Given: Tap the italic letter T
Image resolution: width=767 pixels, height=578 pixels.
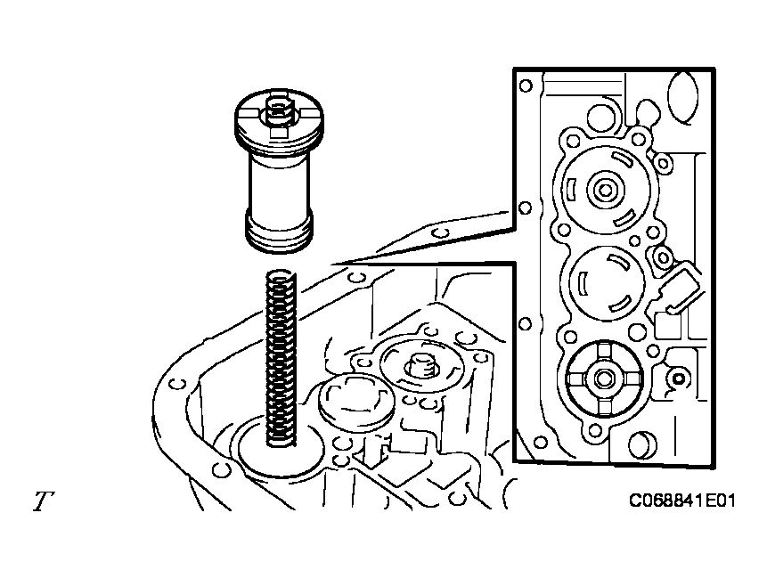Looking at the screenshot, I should click(42, 502).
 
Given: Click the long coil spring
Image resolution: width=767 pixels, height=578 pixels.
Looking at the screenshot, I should click(282, 356).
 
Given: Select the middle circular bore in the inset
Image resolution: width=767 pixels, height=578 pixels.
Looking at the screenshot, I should click(606, 281).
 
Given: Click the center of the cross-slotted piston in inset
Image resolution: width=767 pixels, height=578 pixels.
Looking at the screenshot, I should click(605, 379).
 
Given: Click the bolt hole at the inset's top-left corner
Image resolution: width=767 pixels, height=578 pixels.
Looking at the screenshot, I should click(526, 85).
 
